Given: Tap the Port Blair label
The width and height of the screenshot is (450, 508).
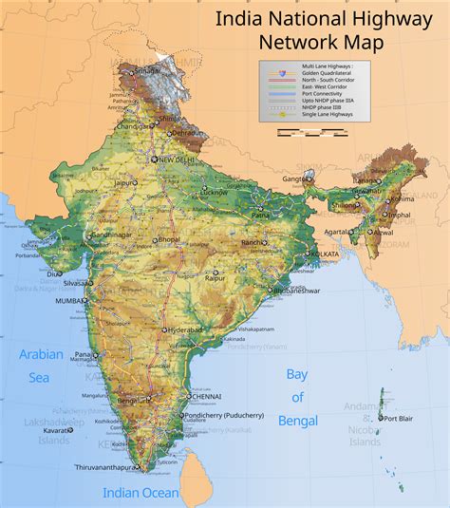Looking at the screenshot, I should tap(400, 417).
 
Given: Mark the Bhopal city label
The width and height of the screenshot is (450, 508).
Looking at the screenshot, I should tap(170, 240).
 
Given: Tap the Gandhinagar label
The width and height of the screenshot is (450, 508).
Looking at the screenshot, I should tap(113, 235).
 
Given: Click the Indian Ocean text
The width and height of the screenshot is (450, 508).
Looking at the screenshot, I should tap(141, 492).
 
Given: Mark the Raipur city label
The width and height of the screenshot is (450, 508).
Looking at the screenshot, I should tap(216, 276).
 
